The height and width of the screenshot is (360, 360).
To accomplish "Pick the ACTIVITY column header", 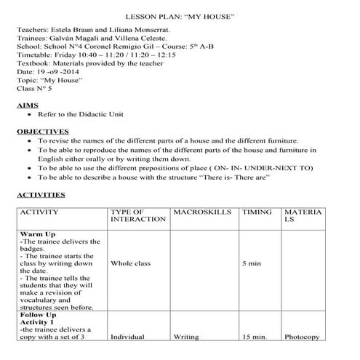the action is click(44, 212).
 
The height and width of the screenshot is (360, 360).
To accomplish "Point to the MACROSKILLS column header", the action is click(203, 212).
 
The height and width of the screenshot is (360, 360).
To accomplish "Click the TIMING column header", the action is click(257, 212).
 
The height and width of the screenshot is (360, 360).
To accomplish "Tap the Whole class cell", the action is click(131, 263).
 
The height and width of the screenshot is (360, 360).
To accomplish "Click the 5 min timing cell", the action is click(251, 263).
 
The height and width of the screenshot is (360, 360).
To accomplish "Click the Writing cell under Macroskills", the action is click(187, 337).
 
